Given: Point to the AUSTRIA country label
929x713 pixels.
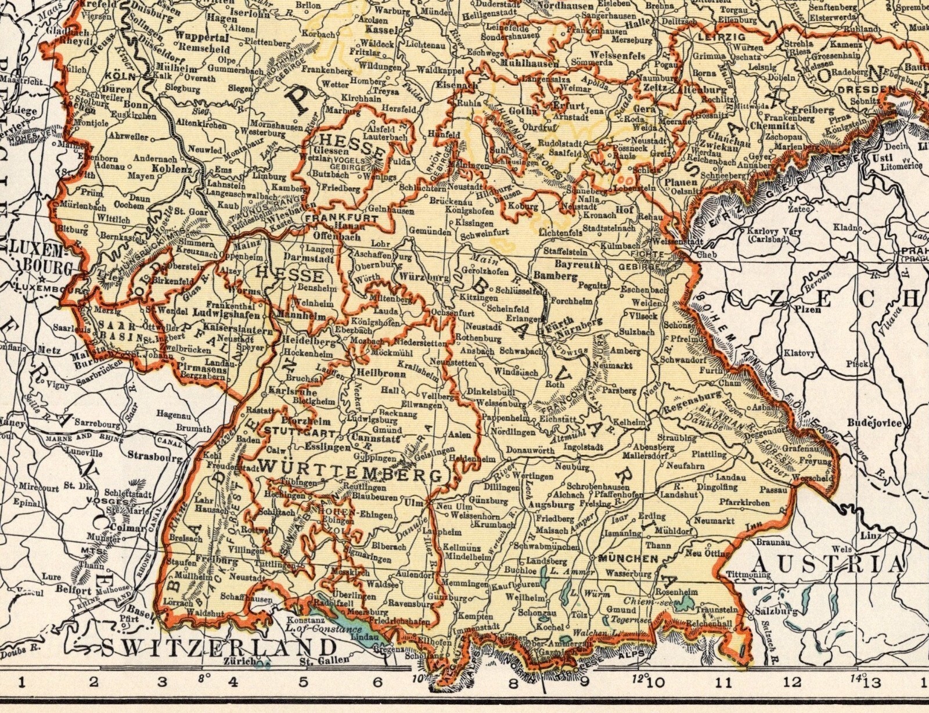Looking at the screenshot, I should click(x=828, y=563).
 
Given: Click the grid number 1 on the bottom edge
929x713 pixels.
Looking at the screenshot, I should click(x=21, y=682).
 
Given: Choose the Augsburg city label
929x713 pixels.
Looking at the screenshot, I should click(x=544, y=505).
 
